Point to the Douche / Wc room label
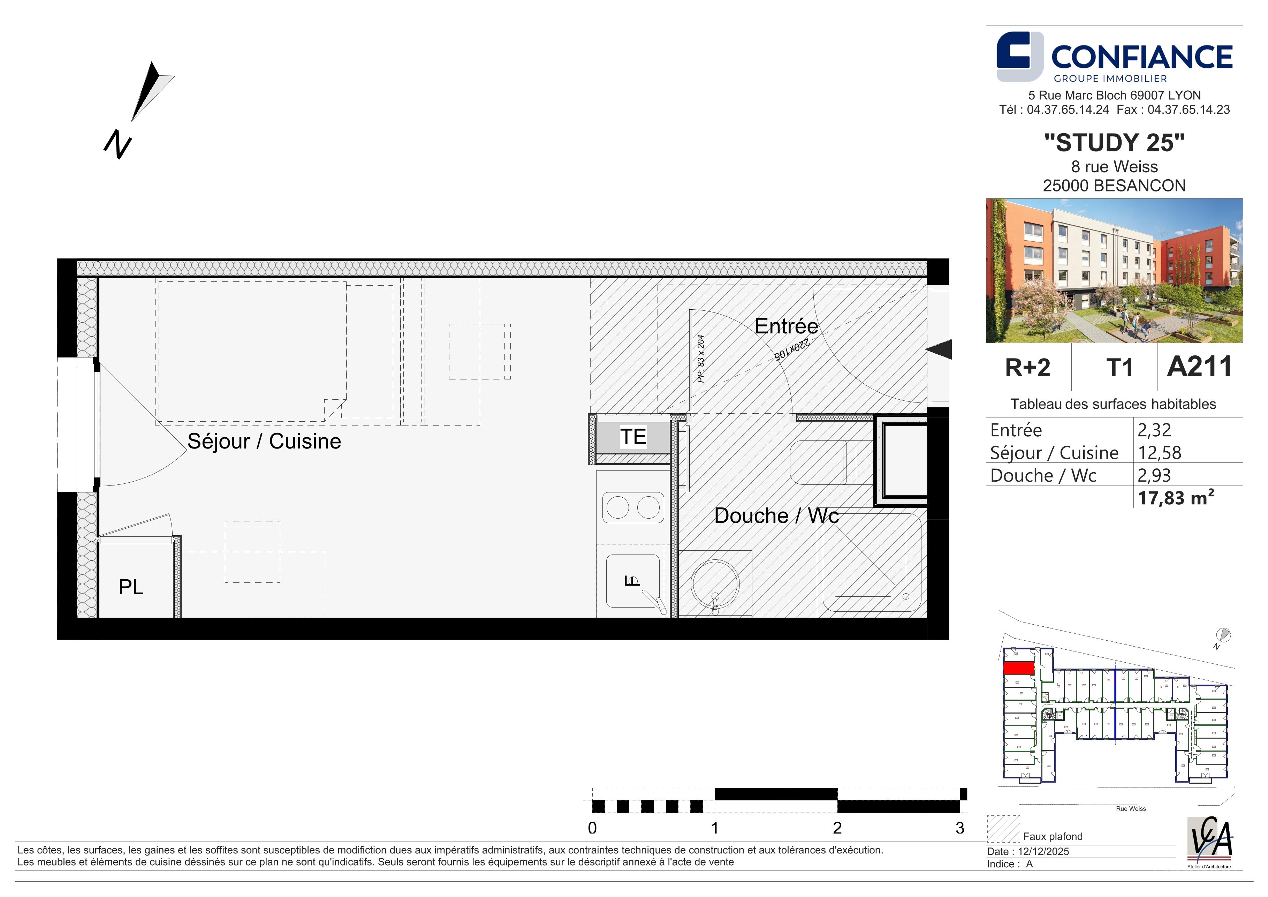tap(776, 515)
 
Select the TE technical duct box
tap(633, 437)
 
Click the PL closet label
tap(131, 587)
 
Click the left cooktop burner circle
tap(617, 507)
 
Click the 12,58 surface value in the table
tap(1159, 453)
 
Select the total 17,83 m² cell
tap(1176, 498)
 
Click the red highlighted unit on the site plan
tap(1018, 668)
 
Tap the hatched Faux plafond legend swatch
tap(1003, 829)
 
